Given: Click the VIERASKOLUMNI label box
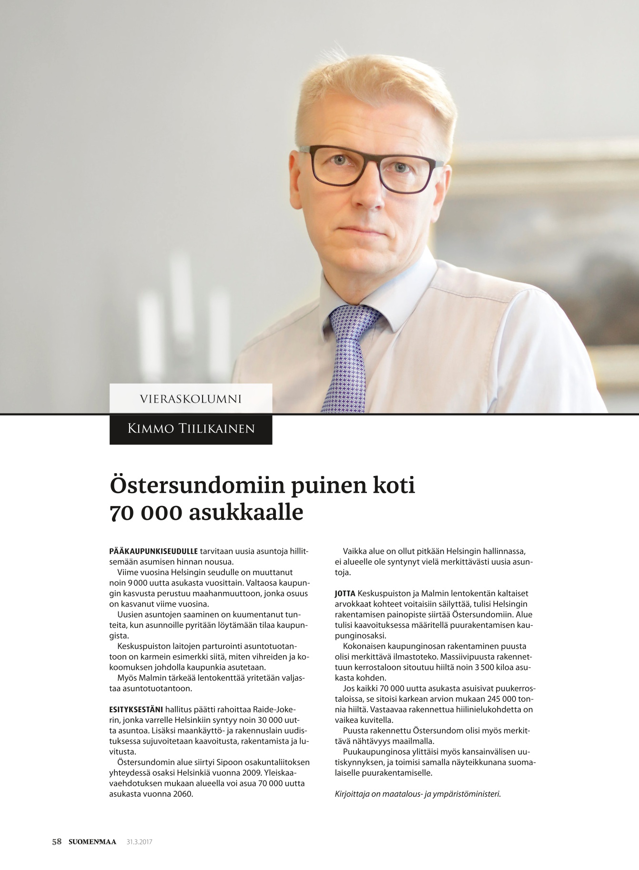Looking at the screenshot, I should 191,398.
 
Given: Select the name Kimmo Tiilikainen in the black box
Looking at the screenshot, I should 191,429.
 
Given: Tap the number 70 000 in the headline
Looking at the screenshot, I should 145,513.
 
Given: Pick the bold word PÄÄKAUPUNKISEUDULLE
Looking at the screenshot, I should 153,551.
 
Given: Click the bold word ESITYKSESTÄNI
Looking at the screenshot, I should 136,709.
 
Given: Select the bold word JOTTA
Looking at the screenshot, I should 345,594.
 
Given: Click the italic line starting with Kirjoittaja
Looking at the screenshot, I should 417,794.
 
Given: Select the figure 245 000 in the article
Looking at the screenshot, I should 503,699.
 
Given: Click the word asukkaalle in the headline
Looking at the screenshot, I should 246,513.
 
